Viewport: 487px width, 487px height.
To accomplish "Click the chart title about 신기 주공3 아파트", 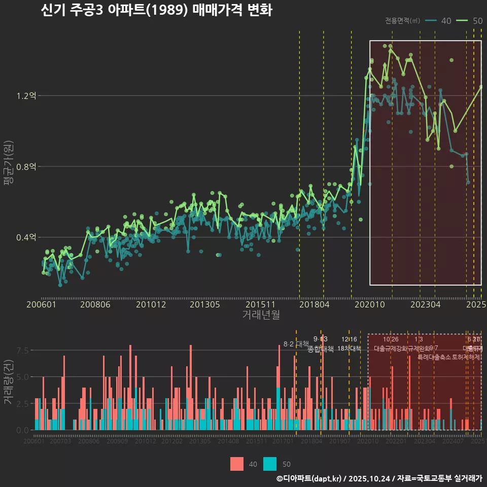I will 156,10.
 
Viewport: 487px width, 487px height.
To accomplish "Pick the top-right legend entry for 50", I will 469,21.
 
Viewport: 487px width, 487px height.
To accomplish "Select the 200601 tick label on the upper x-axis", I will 41,305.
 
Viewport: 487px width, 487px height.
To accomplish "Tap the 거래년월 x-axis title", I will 261,315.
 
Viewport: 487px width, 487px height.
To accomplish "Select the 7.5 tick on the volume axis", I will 23,350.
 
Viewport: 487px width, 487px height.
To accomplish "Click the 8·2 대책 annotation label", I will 296,344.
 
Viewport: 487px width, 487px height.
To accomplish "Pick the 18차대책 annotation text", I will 349,349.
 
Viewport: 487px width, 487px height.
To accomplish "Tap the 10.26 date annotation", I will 391,339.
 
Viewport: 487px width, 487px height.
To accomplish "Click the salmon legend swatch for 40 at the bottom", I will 237,464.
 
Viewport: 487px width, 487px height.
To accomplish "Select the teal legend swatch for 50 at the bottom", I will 270,464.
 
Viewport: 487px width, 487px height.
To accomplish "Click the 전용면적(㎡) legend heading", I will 402,21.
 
